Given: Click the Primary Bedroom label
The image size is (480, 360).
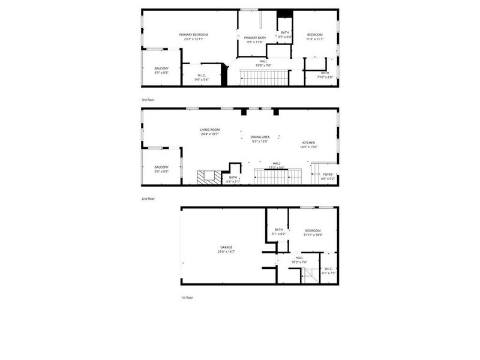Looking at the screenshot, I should click(x=193, y=35).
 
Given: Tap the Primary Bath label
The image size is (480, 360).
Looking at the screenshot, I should click(x=254, y=38).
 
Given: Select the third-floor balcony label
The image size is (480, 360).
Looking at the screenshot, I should click(x=161, y=68).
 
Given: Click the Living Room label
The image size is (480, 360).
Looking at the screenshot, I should click(x=210, y=130).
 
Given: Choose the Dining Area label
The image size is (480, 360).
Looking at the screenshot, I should click(x=260, y=137).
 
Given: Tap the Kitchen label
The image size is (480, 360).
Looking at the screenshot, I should click(x=308, y=143).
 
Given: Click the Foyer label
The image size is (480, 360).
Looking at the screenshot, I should click(x=327, y=175).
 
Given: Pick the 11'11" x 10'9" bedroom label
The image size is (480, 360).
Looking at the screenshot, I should click(x=313, y=231).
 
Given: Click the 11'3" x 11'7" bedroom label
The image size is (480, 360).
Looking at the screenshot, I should click(x=315, y=35).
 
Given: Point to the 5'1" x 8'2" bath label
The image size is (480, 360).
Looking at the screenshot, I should click(x=278, y=230).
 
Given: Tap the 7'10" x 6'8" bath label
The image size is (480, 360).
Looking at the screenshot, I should click(x=325, y=73).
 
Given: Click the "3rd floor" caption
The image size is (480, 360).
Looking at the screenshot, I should click(x=148, y=100).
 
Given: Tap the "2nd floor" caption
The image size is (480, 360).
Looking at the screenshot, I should click(x=148, y=199).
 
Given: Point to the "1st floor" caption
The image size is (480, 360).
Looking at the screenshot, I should click(x=187, y=298).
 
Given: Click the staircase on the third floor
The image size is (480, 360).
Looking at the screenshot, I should click(x=263, y=77).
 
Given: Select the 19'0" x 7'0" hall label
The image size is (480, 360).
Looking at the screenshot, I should click(x=263, y=61).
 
